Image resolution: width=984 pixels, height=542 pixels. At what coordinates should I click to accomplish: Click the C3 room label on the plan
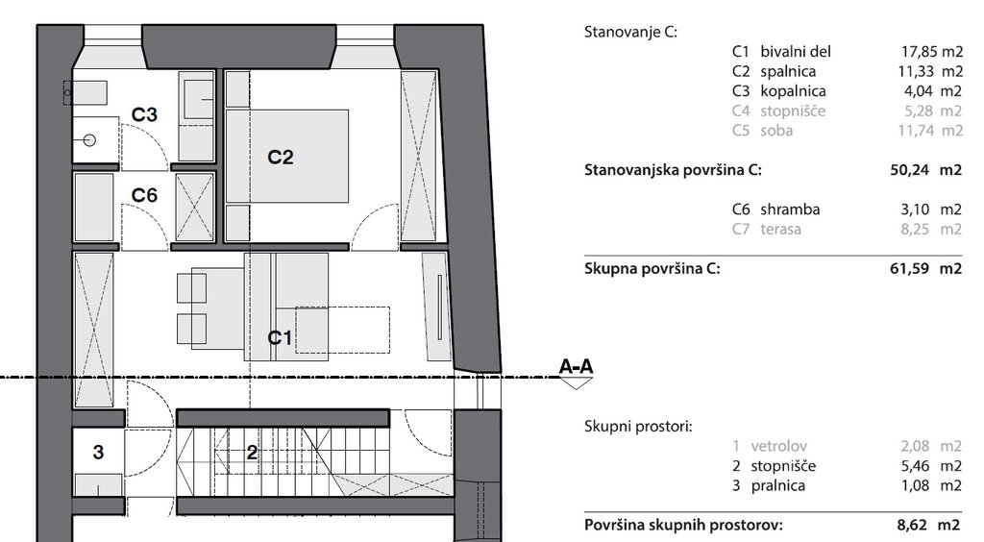click(145, 114)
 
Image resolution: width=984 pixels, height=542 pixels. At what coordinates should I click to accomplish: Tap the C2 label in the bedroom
click(280, 157)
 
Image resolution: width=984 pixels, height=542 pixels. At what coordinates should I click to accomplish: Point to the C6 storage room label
click(144, 195)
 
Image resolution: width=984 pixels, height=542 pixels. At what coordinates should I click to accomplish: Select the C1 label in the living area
click(280, 337)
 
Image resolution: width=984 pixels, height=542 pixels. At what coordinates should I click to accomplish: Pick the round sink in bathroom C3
click(89, 140)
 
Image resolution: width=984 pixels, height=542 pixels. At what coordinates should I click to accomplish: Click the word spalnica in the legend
click(792, 71)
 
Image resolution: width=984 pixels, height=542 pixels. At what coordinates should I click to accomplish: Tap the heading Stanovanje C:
click(630, 32)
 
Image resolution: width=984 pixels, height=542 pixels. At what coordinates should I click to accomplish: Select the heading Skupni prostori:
click(638, 426)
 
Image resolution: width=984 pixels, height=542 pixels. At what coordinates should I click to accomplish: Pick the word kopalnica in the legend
click(793, 91)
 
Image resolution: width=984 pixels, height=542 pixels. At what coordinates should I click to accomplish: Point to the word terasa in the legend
click(780, 229)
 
